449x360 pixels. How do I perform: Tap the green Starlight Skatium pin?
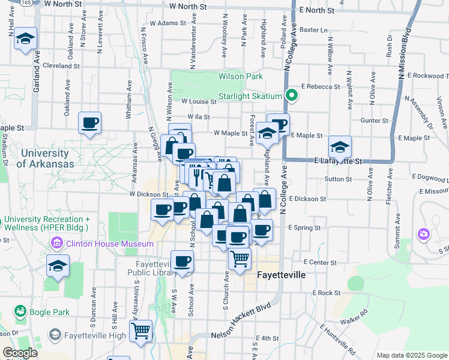click(292, 95)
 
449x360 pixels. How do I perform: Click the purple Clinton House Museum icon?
click(58, 244)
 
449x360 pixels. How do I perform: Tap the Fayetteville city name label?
click(281, 275)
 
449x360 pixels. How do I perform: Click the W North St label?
click(188, 6)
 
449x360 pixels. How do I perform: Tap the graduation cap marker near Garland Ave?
click(25, 39)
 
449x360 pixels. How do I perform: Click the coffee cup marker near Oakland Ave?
click(90, 123)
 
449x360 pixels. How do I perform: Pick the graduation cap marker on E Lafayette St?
click(340, 147)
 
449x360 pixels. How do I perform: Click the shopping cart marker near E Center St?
click(240, 259)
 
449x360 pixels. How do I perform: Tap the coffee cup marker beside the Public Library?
click(182, 262)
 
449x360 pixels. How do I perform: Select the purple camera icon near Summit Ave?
click(424, 233)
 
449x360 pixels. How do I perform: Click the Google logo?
click(19, 353)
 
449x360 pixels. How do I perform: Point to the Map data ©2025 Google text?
click(411, 355)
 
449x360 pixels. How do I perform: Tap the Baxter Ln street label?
click(313, 29)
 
